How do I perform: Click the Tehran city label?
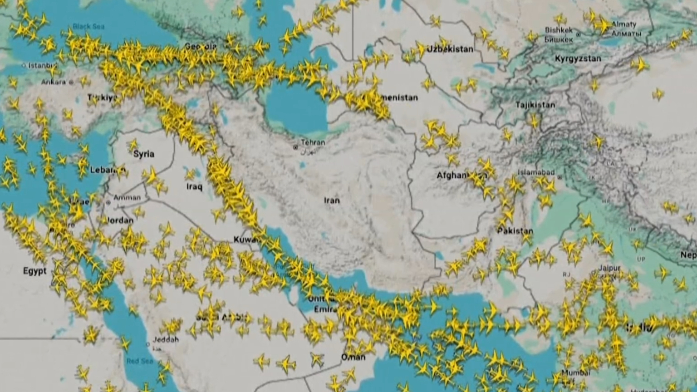tap(313, 142)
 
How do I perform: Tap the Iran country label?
tap(332, 200)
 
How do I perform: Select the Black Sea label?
tap(88, 26)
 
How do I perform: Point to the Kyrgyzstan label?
tap(578, 59)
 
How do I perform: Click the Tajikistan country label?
tap(535, 105)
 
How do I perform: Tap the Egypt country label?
tap(35, 271)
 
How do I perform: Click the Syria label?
tap(144, 154)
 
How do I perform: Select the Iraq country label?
tap(194, 186)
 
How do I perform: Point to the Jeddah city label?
tap(166, 339)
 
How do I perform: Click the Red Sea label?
tap(140, 361)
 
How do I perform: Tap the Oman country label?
tap(353, 357)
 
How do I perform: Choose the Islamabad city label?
tap(536, 172)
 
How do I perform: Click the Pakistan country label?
tap(515, 231)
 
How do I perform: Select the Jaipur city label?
tap(609, 268)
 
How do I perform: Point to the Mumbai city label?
tap(576, 372)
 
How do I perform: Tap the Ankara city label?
tap(54, 82)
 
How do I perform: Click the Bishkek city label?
tap(559, 30)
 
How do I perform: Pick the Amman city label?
tap(127, 197)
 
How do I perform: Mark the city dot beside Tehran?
tap(296, 147)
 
